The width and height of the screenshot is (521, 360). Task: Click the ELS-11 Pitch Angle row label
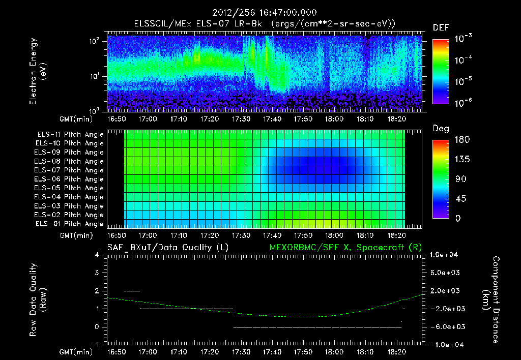coord(69,135)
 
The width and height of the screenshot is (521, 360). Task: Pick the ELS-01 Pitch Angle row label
coord(69,224)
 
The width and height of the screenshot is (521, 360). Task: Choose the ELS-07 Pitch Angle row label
coord(69,170)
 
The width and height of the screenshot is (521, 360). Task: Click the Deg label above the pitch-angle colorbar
coord(440,129)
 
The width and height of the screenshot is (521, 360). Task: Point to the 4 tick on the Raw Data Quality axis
coord(97,255)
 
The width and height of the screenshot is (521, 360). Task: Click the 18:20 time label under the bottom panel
coord(396,352)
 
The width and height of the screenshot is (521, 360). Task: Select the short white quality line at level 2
coord(132,291)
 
